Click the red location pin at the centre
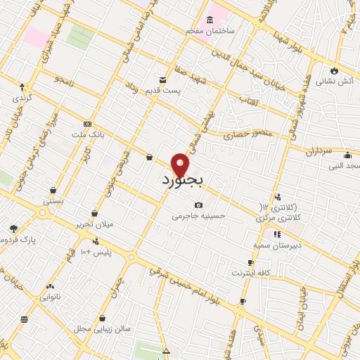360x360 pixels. point(181,164)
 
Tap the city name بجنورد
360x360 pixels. point(181,181)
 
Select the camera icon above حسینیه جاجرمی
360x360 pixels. point(199,205)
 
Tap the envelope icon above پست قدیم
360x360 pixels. point(163,79)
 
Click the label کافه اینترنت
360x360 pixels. point(250,272)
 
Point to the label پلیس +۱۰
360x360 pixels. point(96,252)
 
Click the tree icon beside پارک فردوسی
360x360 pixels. point(13,229)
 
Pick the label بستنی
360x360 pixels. point(53,201)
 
